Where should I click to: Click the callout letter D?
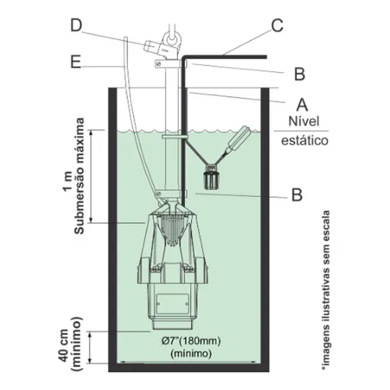pyautogui.click(x=76, y=25)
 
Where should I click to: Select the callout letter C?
pyautogui.click(x=277, y=25)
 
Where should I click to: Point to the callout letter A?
pyautogui.click(x=302, y=104)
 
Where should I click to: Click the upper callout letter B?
pyautogui.click(x=299, y=74)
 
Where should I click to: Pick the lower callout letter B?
pyautogui.click(x=297, y=195)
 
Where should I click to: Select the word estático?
pyautogui.click(x=305, y=141)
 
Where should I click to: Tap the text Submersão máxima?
pyautogui.click(x=80, y=176)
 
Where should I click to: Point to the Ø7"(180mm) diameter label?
pyautogui.click(x=191, y=341)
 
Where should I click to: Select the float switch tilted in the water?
pyautogui.click(x=238, y=141)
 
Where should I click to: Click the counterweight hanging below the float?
pyautogui.click(x=211, y=176)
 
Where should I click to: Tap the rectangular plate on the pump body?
pyautogui.click(x=173, y=303)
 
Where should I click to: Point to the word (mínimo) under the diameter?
pyautogui.click(x=191, y=354)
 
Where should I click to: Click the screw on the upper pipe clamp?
pyautogui.click(x=158, y=64)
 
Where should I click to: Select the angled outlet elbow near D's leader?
pyautogui.click(x=152, y=47)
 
